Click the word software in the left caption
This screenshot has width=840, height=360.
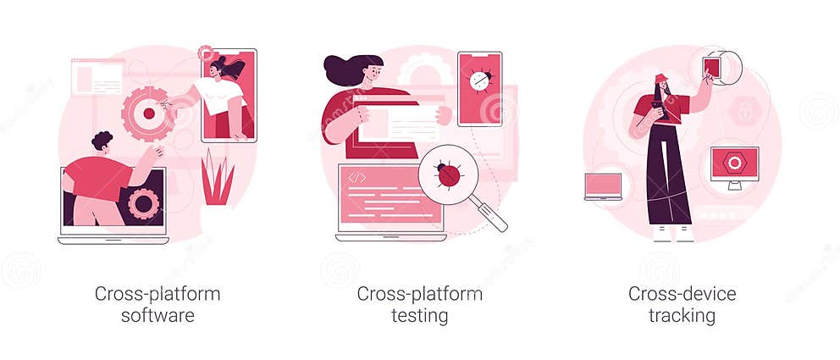point(157,316)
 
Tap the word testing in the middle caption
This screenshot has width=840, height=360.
point(419,316)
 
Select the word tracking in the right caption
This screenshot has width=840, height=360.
point(682,316)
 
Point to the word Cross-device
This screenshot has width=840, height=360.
point(682,295)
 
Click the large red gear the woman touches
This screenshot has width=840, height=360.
point(148,113)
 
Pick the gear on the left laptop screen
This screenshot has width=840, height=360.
point(143,203)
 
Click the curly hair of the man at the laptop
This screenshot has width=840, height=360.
point(102,140)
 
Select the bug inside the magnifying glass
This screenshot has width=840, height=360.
point(448,174)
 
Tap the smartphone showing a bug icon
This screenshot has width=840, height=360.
point(479,88)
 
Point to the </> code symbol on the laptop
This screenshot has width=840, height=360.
point(357,178)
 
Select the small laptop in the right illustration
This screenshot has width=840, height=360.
point(603,186)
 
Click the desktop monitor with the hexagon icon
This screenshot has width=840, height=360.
point(733,163)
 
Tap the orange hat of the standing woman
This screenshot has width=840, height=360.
point(660,79)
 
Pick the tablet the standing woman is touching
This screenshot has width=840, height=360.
point(712,67)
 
